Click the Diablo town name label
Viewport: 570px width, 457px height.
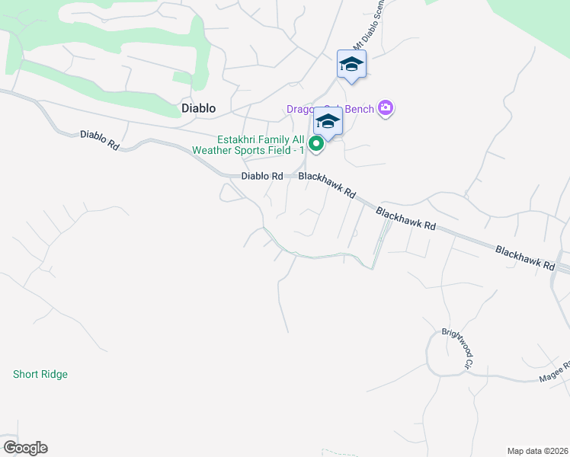(198, 108)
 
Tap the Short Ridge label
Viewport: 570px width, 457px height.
(40, 374)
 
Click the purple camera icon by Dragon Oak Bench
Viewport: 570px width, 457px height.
(386, 108)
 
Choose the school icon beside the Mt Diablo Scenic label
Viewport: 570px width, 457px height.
(351, 64)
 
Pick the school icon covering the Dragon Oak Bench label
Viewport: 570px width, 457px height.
(328, 121)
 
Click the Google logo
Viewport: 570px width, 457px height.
(25, 448)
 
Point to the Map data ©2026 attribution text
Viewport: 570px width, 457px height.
(537, 450)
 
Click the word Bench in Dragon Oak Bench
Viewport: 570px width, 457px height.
(360, 109)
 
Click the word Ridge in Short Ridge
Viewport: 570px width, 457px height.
(54, 374)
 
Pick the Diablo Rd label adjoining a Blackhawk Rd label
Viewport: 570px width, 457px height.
(261, 176)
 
